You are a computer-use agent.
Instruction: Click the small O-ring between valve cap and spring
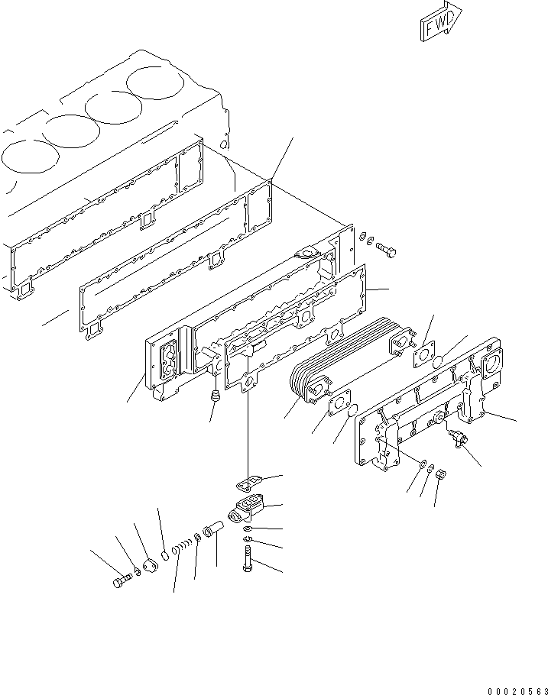(167, 554)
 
